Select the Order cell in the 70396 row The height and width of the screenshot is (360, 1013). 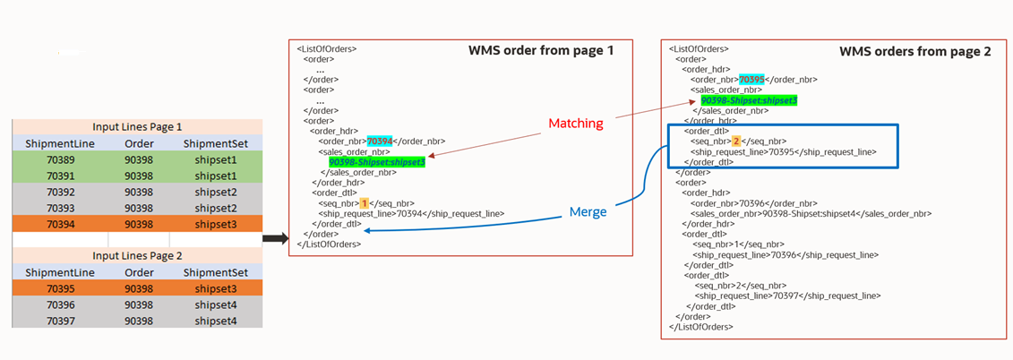click(x=139, y=304)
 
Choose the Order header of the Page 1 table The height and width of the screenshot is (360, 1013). click(x=139, y=143)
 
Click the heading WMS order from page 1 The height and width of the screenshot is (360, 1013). click(x=541, y=51)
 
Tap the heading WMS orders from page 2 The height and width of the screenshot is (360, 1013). click(x=914, y=52)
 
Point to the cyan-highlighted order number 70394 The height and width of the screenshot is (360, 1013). click(x=380, y=141)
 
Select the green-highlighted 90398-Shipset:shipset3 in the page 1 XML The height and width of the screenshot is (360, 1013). click(x=376, y=162)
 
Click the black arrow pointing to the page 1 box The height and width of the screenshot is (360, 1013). click(x=275, y=238)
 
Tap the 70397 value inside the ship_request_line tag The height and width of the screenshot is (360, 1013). click(x=786, y=296)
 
